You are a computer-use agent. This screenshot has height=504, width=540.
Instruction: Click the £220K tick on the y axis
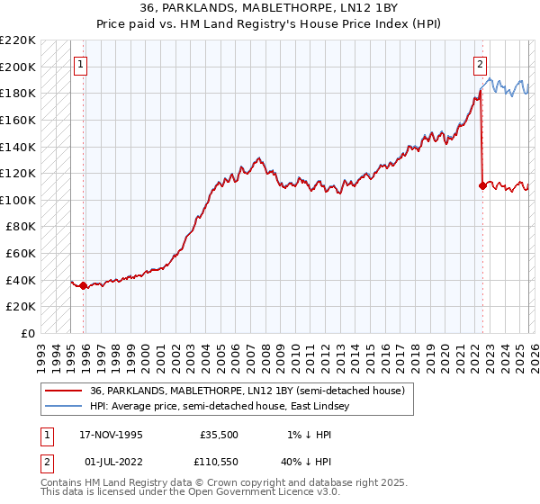coord(18,40)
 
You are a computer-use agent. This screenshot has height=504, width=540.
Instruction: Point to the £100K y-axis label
coord(18,200)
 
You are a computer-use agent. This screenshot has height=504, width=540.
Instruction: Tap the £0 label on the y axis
coord(27,334)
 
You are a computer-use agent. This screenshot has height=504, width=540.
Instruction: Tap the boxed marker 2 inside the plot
coord(481,64)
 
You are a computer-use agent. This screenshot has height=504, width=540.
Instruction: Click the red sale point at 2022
coord(482,186)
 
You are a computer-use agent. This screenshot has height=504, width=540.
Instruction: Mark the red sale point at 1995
coord(84,286)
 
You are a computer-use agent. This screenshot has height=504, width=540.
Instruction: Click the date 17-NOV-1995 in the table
coord(106,435)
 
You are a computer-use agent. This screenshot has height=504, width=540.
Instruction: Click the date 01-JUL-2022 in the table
coord(105,462)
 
